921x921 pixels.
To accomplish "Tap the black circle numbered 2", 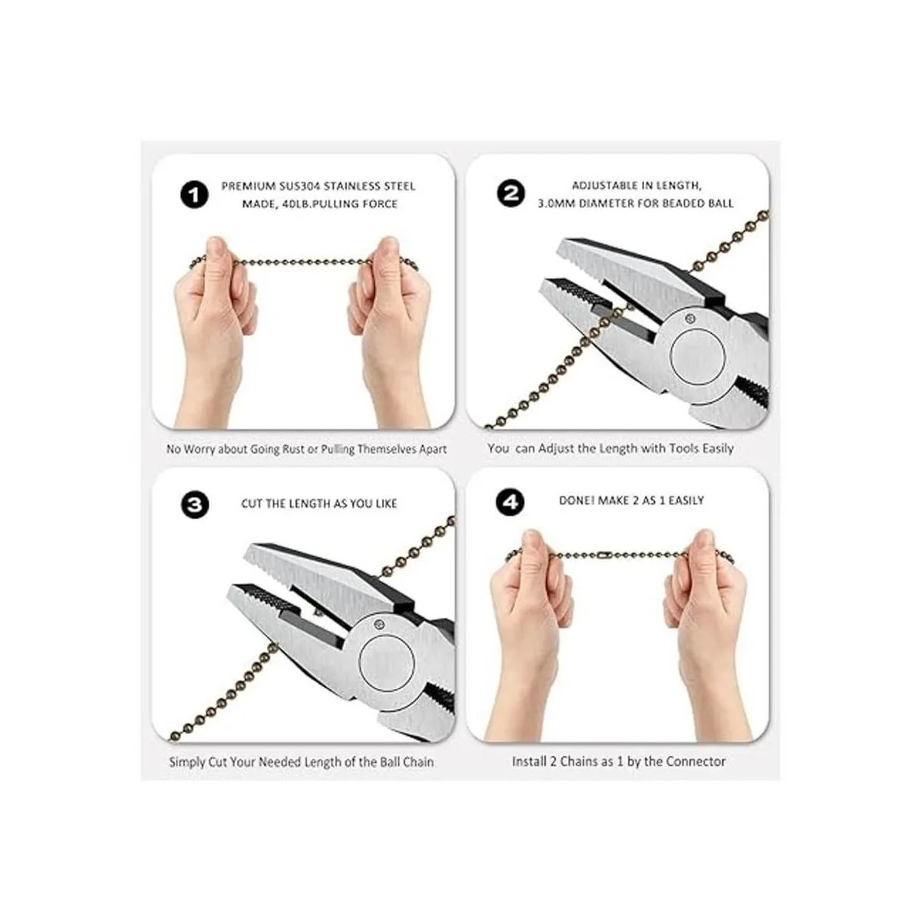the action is [510, 193].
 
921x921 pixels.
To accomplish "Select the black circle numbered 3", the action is [195, 505].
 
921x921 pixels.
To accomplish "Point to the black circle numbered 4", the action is [510, 502].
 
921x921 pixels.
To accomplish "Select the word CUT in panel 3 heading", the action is [252, 503].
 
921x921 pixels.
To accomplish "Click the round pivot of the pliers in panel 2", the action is [698, 357].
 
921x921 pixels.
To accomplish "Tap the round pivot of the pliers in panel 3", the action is [386, 663].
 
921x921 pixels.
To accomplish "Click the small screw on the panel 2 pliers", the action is [688, 317].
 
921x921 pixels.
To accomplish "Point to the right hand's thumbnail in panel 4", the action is [703, 540].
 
